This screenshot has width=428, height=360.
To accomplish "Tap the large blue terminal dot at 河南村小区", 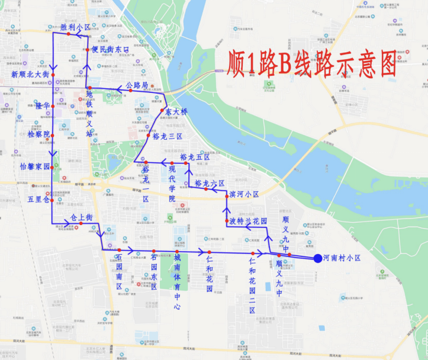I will (x=318, y=258).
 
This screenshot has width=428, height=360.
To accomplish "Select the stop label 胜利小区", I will (x=75, y=27).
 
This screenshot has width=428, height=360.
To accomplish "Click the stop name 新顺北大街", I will (x=30, y=74).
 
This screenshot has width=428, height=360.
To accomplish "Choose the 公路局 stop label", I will (x=137, y=86).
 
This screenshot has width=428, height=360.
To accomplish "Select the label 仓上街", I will (x=82, y=217).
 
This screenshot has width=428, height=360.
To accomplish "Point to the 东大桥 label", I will (x=175, y=112).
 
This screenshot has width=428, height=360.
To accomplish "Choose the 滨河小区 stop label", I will (x=244, y=194).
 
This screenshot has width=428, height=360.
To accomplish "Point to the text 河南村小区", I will (x=343, y=258).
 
